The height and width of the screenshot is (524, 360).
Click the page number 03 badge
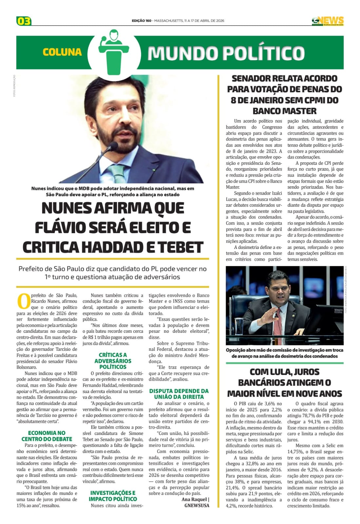(24, 21)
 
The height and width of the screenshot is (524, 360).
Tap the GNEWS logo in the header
(328, 21)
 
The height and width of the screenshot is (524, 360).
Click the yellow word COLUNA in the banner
(62, 52)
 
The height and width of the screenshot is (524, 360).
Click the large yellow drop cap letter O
(23, 301)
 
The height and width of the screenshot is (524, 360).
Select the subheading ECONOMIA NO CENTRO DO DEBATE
(47, 436)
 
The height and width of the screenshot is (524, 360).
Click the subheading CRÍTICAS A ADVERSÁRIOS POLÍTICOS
(113, 361)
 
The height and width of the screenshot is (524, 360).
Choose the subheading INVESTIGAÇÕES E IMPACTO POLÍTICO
(113, 496)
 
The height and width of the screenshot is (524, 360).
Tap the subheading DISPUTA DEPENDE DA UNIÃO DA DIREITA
(179, 394)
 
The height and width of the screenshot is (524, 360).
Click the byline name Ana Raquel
(194, 499)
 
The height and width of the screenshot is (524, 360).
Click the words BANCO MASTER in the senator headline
(284, 111)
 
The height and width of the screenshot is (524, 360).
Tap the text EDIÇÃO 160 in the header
(142, 21)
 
